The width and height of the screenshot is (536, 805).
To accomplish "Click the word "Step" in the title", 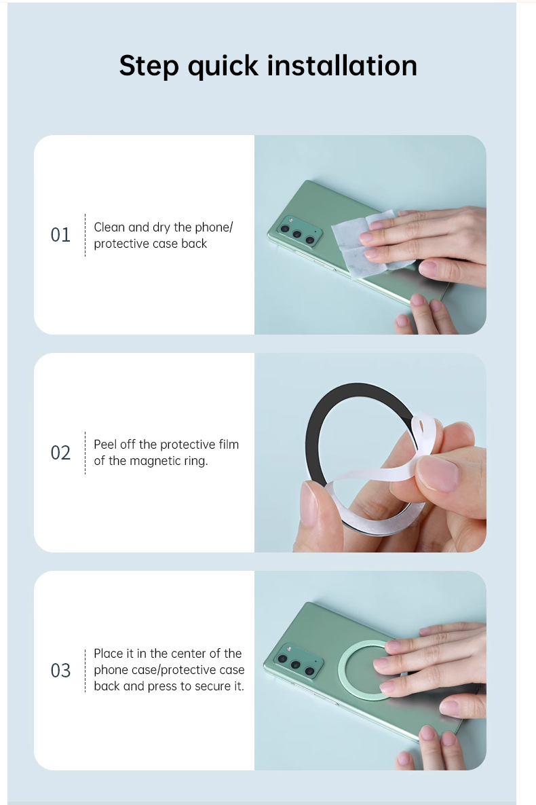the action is coord(149,67).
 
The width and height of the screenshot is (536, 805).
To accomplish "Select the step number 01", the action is coord(60,235).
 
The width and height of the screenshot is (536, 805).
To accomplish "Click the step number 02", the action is coord(60,453).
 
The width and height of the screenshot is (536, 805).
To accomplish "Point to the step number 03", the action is coord(60,671).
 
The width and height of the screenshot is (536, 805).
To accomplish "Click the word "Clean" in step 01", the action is coord(109,227).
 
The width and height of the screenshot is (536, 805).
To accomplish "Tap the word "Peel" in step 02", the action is coord(105,444).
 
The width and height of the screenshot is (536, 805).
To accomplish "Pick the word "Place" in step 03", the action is coord(109,654).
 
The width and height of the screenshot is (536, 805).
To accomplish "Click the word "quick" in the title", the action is coord(223,67).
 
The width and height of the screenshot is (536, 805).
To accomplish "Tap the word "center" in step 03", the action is coord(185,654).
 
